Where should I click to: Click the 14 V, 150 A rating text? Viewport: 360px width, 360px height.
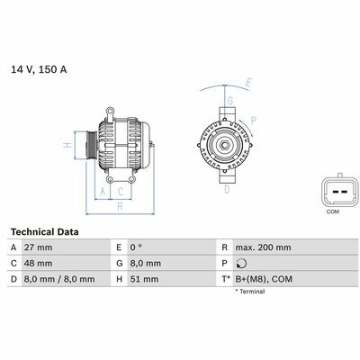click(39, 69)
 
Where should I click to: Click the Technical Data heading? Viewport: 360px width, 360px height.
click(45, 232)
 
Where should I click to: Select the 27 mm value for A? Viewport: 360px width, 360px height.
click(38, 247)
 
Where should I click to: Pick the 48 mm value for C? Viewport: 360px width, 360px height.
click(38, 264)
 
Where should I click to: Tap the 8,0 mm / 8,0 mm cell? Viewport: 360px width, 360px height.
click(59, 279)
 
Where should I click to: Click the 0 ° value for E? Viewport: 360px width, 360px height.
click(136, 247)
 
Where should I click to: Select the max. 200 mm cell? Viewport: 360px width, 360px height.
click(263, 247)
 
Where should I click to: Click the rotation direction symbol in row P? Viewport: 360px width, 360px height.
click(241, 264)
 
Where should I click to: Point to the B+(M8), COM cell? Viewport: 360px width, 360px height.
click(264, 279)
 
